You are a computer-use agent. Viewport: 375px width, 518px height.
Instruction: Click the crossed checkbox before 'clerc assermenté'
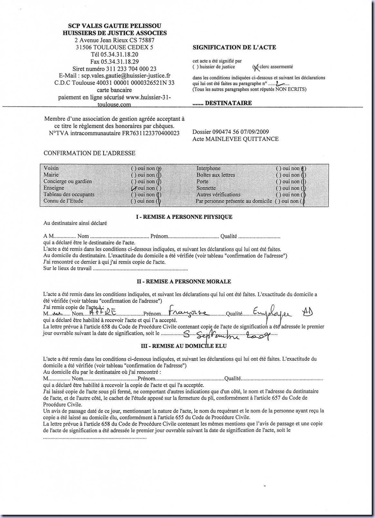pos(256,67)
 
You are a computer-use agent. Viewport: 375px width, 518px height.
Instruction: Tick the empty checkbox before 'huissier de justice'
pos(195,67)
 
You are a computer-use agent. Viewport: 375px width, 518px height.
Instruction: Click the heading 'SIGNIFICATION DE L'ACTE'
pos(234,47)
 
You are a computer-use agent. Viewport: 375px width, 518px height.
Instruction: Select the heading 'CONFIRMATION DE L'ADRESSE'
pos(89,153)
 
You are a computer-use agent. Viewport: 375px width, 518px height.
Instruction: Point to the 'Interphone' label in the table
pos(208,168)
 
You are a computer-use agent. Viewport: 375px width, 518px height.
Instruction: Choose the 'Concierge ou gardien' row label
pos(68,181)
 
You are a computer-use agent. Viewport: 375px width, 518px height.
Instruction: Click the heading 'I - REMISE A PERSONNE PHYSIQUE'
pos(184,217)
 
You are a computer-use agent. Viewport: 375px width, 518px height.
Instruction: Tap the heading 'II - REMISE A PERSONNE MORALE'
pos(184,282)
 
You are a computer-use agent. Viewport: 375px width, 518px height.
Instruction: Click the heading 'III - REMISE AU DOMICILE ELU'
pos(184,346)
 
